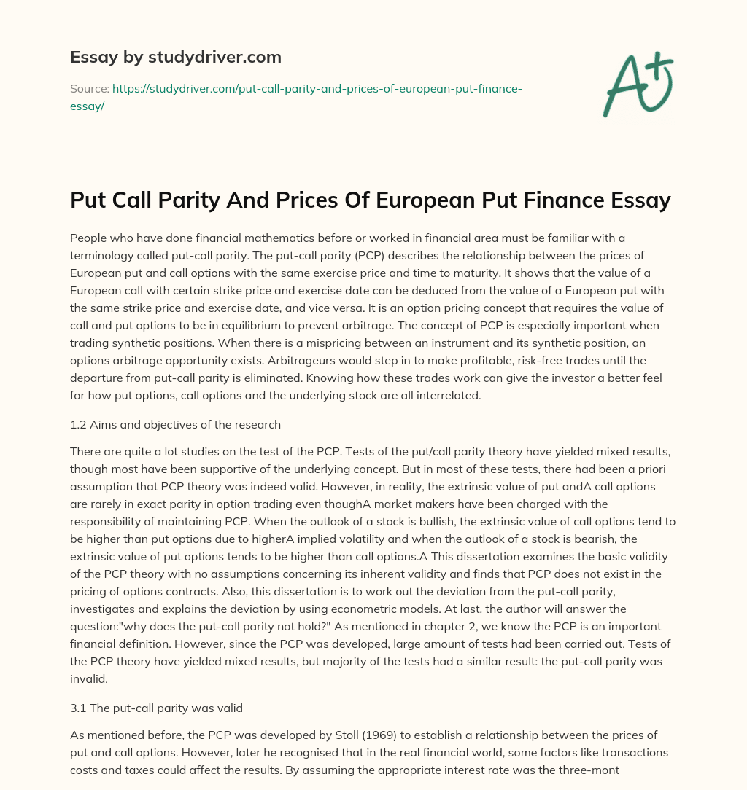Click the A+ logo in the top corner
point(636,84)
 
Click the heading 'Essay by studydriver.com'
point(175,57)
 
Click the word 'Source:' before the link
point(89,88)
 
